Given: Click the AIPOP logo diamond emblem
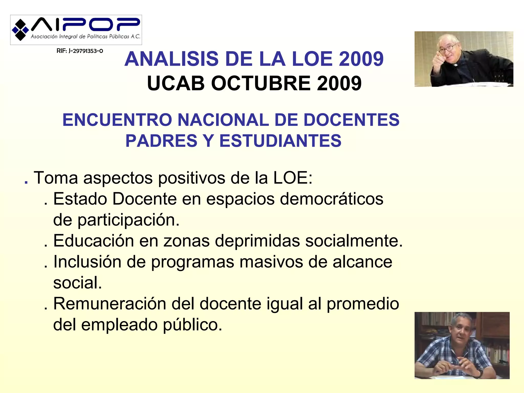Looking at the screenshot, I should [20, 30].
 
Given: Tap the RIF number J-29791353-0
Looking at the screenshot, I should [80, 51].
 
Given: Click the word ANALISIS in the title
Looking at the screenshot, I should [171, 59].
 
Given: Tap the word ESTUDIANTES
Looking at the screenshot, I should [280, 141].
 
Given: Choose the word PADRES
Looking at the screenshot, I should [161, 141].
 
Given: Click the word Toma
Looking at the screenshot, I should [56, 178].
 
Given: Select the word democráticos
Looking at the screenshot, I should [331, 199].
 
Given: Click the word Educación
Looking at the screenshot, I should [93, 241].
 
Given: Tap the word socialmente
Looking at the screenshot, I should [354, 241].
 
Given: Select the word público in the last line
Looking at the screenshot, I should [192, 325].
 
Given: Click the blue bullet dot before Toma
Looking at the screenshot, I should [26, 182].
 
